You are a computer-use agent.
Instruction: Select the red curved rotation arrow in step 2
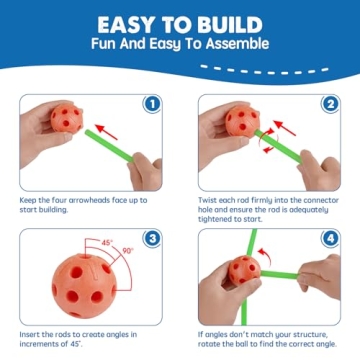coord(263,146)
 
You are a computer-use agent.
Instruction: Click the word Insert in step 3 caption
coord(33,334)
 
